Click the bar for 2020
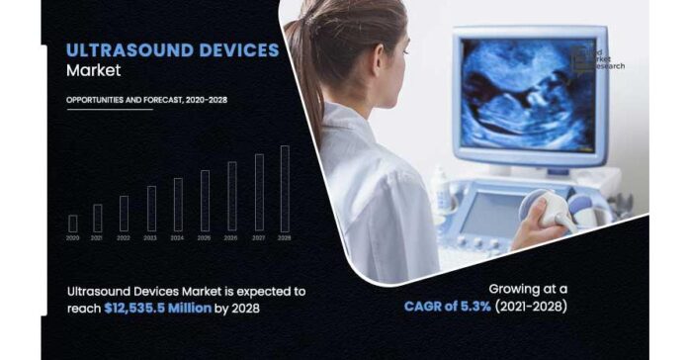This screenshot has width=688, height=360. [x=73, y=224]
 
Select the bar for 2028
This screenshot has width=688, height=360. [x=286, y=189]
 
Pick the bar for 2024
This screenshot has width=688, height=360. [x=179, y=205]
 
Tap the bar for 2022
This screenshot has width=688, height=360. [x=125, y=214]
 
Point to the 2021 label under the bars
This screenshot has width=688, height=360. [x=98, y=238]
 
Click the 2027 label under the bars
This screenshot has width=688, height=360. [x=259, y=238]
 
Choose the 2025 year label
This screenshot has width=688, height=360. [x=205, y=238]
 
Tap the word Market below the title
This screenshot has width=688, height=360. [x=94, y=70]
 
